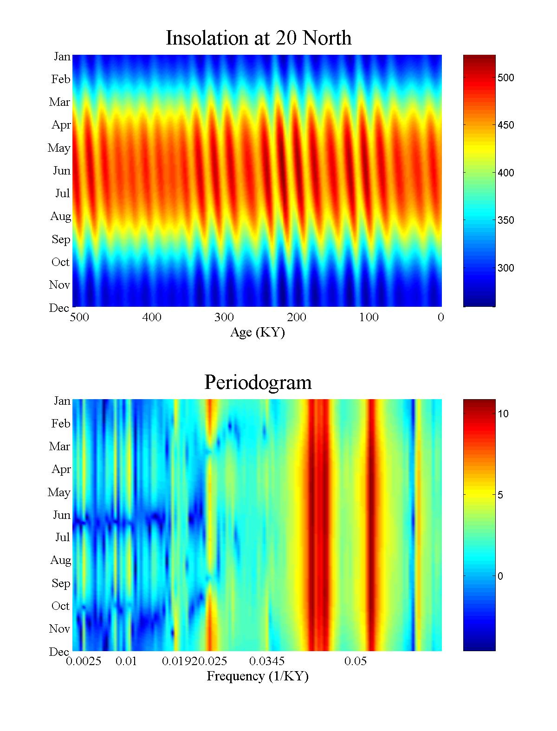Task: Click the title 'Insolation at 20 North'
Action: [259, 38]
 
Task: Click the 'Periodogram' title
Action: [258, 382]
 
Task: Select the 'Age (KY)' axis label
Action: [257, 332]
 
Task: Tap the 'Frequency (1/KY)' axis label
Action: [258, 676]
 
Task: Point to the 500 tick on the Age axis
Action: [80, 317]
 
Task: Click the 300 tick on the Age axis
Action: [224, 317]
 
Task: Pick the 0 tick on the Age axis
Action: [440, 317]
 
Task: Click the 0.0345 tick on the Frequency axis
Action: [267, 661]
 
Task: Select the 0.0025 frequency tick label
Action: [84, 661]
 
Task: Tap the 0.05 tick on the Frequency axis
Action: [356, 661]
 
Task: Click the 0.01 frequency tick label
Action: [126, 661]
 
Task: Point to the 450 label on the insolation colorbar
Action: [505, 125]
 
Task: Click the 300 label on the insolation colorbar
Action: [505, 268]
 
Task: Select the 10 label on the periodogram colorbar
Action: [503, 414]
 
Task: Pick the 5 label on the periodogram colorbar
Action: [500, 495]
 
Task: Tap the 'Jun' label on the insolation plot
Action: [62, 171]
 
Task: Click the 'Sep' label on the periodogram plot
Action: [61, 583]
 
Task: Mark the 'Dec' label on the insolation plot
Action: [59, 308]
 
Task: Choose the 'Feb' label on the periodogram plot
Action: [61, 424]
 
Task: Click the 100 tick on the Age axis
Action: [369, 317]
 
